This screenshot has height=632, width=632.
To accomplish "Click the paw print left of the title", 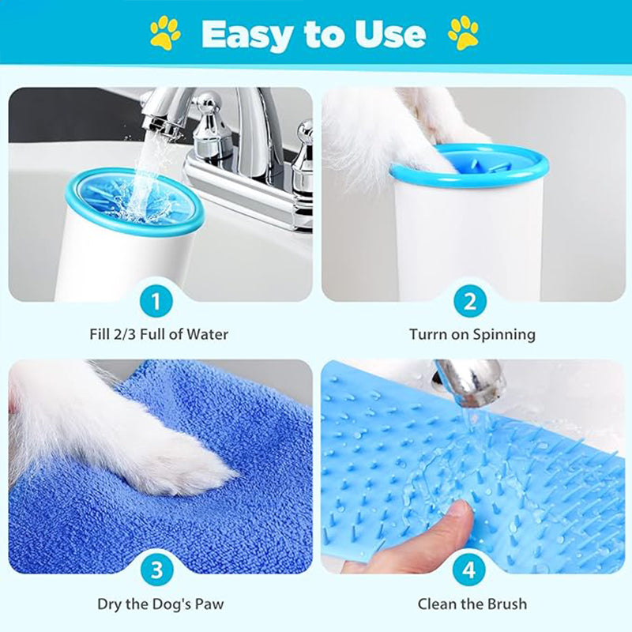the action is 165,33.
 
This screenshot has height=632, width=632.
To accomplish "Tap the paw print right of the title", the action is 464,33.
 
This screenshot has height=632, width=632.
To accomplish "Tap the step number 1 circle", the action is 156,301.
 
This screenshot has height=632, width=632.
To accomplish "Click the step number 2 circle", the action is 469,301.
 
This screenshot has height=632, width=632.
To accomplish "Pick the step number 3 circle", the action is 156,570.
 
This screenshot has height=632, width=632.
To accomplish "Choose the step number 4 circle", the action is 468,570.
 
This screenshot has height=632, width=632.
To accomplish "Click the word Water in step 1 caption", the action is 208,334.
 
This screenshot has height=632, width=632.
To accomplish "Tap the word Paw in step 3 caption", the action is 209,604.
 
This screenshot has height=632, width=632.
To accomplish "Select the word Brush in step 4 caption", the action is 507,604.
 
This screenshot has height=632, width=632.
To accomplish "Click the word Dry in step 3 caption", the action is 109,604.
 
